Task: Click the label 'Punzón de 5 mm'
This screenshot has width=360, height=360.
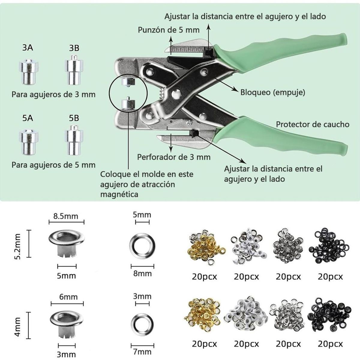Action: (169, 30)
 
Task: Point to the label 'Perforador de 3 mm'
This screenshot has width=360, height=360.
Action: (174, 157)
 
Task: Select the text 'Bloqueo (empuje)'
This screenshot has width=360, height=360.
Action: (272, 92)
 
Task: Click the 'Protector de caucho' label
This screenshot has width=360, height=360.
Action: (312, 124)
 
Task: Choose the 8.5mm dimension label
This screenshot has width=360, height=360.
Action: (65, 216)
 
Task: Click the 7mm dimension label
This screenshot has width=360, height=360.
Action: (142, 351)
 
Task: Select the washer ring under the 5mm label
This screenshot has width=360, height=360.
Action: (142, 244)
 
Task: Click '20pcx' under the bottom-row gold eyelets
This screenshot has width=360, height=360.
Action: (204, 344)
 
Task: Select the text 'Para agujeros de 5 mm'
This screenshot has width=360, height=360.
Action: (53, 165)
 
